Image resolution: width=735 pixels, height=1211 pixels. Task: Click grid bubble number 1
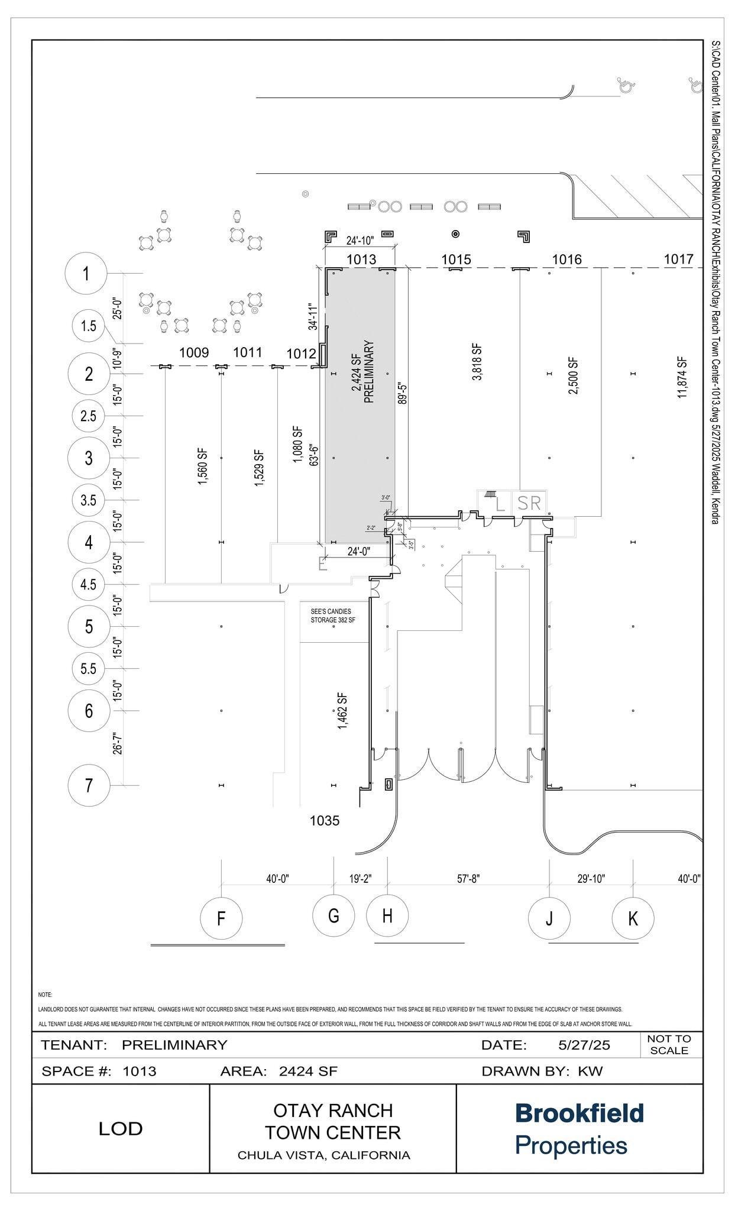tap(86, 273)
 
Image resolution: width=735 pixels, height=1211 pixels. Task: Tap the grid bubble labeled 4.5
tap(88, 584)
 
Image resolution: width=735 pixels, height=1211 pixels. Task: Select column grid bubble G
tap(333, 916)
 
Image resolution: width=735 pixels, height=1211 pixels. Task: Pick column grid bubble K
tap(633, 918)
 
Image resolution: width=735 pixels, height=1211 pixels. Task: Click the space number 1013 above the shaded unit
tap(361, 259)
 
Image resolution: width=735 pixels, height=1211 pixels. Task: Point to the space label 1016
tap(566, 259)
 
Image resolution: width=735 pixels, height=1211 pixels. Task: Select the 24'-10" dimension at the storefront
tap(360, 241)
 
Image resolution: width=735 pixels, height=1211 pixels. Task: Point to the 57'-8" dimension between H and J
tap(468, 879)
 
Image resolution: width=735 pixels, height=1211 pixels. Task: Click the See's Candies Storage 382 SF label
tap(333, 616)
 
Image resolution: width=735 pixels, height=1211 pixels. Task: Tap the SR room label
tap(529, 503)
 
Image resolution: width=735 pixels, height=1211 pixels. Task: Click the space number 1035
tap(325, 820)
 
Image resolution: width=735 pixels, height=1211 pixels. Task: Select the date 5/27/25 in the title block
tap(584, 1045)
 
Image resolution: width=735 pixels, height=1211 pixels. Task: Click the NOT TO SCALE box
tap(669, 1044)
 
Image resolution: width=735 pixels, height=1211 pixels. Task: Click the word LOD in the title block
tap(121, 1128)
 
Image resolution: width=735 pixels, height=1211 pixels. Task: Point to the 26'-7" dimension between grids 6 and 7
tap(118, 743)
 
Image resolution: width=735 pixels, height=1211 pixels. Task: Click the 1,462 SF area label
tap(342, 711)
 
